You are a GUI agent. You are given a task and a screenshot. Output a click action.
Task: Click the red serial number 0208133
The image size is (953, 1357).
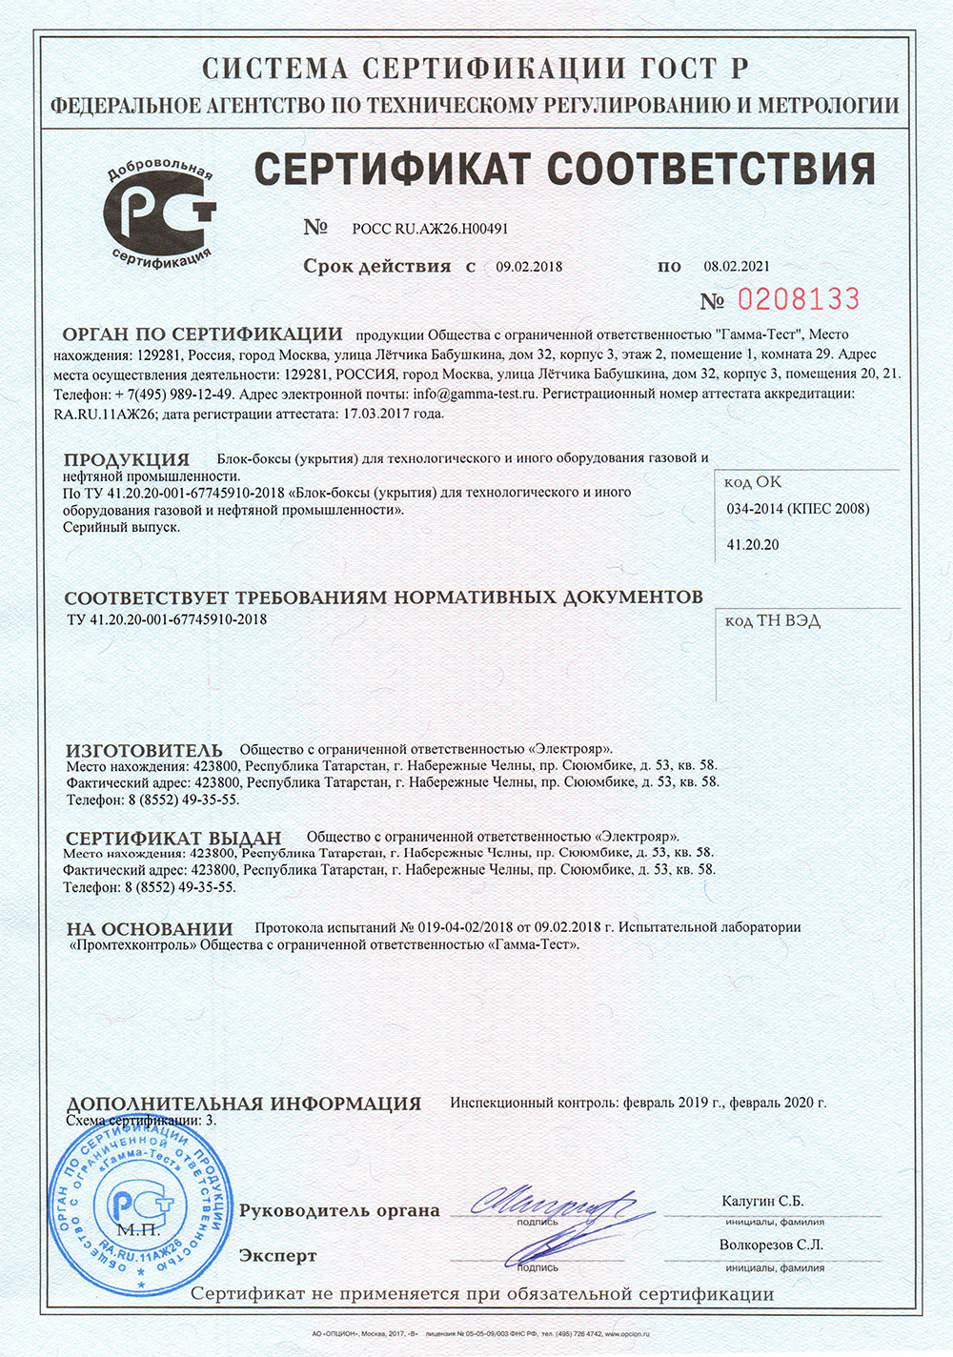click(x=798, y=299)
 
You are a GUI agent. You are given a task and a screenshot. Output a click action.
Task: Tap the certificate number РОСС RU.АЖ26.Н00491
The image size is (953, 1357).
click(x=430, y=229)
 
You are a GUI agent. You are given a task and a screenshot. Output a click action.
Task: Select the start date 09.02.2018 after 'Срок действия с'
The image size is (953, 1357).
click(x=529, y=267)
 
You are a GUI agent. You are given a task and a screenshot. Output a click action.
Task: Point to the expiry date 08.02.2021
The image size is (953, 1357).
click(x=737, y=267)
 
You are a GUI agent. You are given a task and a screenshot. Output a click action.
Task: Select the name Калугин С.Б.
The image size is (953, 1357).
click(x=762, y=1201)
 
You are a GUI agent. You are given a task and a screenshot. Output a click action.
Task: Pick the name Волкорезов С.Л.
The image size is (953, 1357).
click(x=771, y=1245)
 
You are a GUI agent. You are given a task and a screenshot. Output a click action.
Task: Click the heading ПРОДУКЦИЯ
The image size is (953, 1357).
click(x=127, y=459)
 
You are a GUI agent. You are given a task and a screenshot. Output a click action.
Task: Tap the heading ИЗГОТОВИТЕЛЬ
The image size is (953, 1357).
click(x=144, y=750)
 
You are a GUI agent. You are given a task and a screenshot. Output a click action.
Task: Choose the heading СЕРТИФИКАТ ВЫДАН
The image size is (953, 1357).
click(x=173, y=838)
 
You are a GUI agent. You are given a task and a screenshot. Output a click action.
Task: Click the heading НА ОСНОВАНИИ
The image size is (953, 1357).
click(x=150, y=928)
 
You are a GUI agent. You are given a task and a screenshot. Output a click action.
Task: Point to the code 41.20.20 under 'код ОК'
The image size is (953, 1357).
click(x=753, y=545)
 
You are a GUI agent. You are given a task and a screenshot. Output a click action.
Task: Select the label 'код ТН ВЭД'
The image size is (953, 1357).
click(x=772, y=621)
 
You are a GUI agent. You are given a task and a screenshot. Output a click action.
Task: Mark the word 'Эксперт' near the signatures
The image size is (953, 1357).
click(x=277, y=1256)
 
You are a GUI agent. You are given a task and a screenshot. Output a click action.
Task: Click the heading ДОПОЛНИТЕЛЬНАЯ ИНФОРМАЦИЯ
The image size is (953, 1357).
click(x=243, y=1104)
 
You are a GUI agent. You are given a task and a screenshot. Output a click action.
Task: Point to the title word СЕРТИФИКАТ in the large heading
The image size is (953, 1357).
click(x=392, y=169)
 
